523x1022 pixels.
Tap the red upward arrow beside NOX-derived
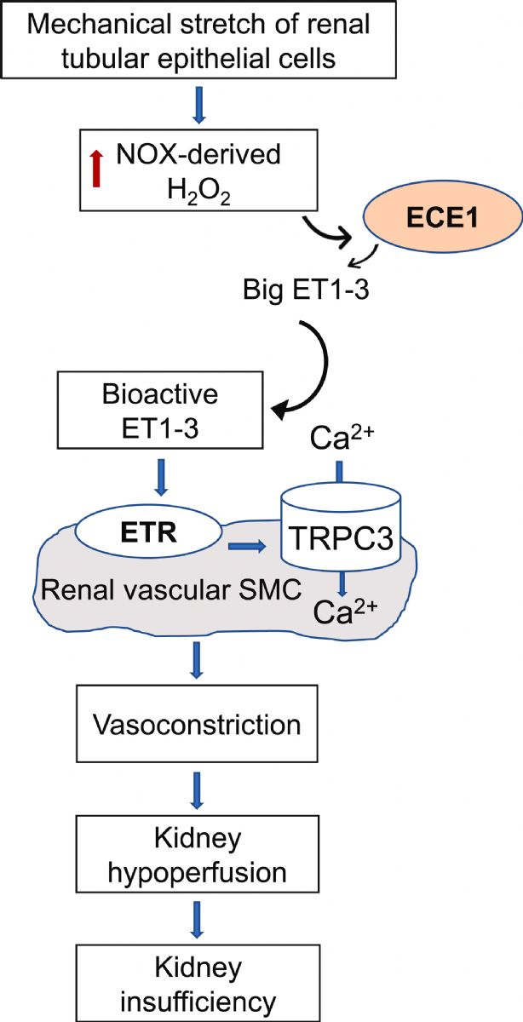96,169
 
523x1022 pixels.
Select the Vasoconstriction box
197,724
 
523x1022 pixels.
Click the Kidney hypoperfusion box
197,854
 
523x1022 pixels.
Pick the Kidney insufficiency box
198,983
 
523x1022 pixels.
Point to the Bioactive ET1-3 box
160,410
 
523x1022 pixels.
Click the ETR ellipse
148,532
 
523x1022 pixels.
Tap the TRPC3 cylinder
341,527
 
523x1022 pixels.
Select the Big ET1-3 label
306,290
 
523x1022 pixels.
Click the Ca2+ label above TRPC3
342,438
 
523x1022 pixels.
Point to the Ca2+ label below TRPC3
345,611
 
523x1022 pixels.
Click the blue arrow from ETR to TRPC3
247,546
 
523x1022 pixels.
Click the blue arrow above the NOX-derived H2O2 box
199,105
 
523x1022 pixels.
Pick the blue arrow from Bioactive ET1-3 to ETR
161,477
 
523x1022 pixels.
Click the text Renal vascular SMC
171,590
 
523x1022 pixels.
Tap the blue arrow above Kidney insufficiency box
197,919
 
